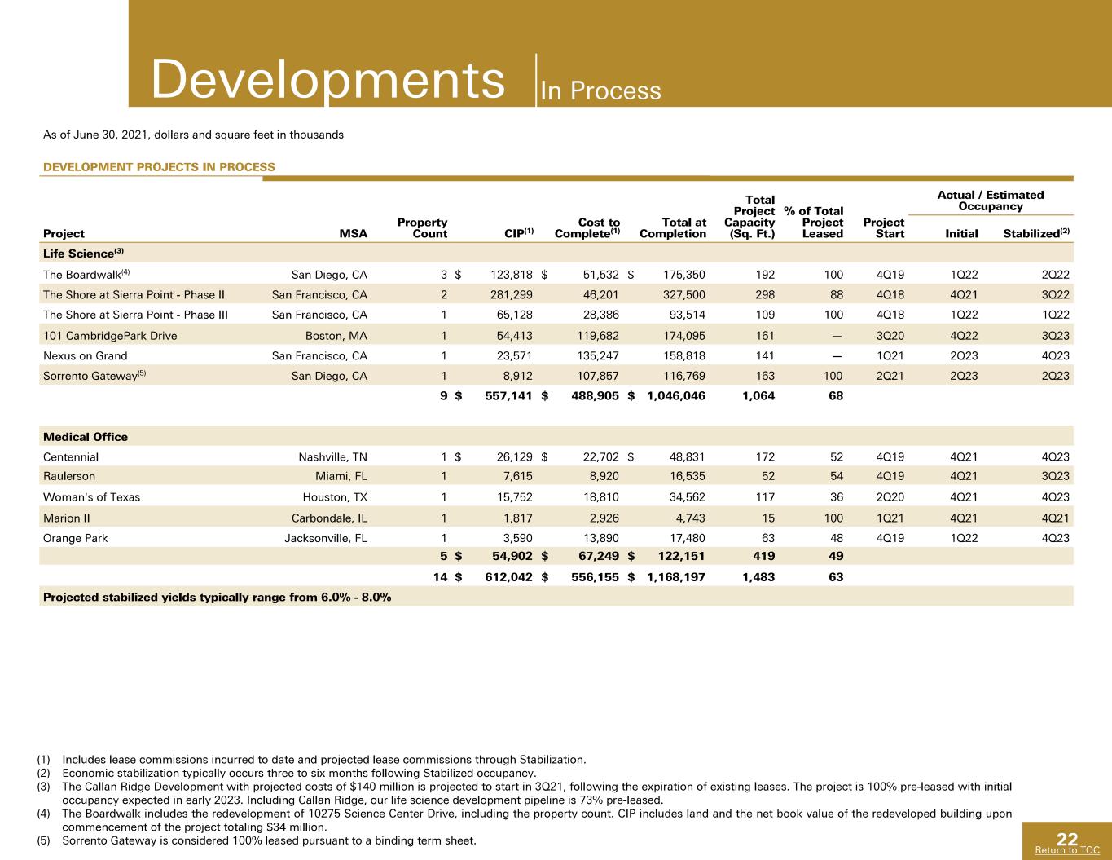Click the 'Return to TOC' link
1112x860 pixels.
(1067, 850)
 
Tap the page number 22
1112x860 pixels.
(1067, 839)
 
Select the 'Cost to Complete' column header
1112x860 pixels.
(587, 227)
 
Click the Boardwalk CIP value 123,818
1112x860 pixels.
(512, 275)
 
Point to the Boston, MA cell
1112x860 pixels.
(336, 336)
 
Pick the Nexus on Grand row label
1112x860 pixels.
(85, 355)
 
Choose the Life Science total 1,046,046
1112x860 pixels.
(676, 395)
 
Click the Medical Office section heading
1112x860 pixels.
(86, 437)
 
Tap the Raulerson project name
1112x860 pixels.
(69, 476)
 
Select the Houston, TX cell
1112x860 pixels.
(335, 497)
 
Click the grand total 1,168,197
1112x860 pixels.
(676, 577)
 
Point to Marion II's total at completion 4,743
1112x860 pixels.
(690, 518)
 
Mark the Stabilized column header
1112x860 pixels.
(1036, 233)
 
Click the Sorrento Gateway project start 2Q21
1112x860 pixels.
(890, 376)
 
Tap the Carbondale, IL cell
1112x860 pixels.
(330, 518)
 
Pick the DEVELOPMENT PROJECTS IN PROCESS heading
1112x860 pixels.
(159, 167)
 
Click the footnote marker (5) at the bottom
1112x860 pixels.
(43, 840)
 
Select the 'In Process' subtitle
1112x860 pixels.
(600, 90)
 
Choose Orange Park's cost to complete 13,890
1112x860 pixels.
(601, 538)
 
